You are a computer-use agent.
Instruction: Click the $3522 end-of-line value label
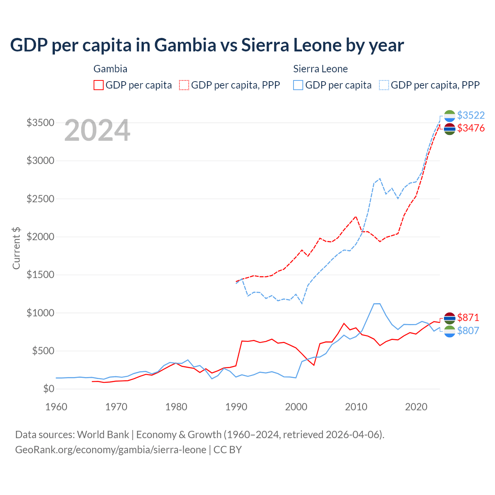click(x=471, y=115)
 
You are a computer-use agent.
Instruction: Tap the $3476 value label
click(x=471, y=128)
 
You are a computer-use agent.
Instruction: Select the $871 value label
click(x=468, y=317)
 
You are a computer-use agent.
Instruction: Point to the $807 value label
click(x=468, y=331)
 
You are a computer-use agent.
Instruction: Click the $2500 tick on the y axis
click(x=40, y=199)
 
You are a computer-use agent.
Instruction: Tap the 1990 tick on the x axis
click(x=236, y=407)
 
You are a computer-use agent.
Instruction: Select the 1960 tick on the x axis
click(x=56, y=407)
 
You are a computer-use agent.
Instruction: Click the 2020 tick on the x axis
click(x=416, y=407)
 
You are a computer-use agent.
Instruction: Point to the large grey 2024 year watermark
click(x=97, y=130)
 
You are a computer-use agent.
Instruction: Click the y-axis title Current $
click(x=16, y=248)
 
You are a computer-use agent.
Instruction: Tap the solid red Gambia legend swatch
click(x=99, y=85)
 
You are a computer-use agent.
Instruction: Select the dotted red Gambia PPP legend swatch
click(x=184, y=85)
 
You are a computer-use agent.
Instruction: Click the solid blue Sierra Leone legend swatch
click(x=298, y=85)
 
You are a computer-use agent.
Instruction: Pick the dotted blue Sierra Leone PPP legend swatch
click(x=384, y=85)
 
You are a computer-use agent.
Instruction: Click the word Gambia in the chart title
click(x=185, y=45)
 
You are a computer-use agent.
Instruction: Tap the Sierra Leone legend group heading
click(x=320, y=69)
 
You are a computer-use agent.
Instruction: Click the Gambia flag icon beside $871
click(x=449, y=318)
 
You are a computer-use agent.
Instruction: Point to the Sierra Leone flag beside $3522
click(x=449, y=116)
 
